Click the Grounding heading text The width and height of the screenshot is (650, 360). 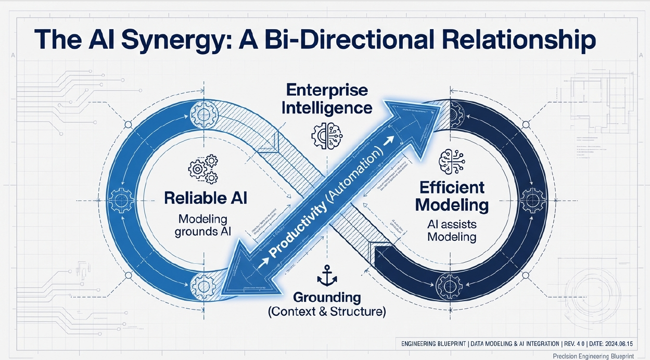pos(327,298)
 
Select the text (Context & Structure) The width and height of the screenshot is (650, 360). pos(327,313)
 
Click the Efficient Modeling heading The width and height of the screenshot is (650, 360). pos(452,196)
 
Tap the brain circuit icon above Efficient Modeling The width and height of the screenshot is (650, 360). pos(450,162)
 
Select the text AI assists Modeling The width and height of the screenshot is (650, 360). pos(451,230)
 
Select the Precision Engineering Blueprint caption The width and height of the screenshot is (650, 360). pos(600,355)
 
